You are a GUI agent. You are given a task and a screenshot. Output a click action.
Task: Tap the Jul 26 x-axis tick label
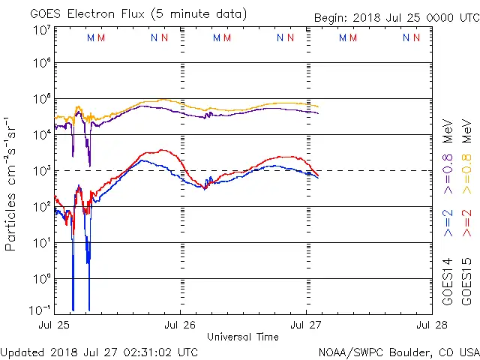(x=180, y=325)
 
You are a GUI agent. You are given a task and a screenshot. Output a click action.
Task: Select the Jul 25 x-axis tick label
(x=55, y=325)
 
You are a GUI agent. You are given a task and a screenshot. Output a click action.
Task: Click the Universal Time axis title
(x=243, y=337)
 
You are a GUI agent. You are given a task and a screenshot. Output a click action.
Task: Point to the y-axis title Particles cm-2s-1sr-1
(x=12, y=184)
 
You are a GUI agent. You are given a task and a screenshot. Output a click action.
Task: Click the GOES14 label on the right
(x=448, y=281)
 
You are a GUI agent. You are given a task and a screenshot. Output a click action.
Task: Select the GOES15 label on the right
(x=467, y=281)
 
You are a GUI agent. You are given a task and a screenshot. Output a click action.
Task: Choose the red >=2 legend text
(x=467, y=223)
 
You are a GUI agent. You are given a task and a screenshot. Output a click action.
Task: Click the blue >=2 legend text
(x=448, y=223)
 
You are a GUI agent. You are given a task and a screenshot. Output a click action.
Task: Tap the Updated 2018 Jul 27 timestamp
(x=100, y=352)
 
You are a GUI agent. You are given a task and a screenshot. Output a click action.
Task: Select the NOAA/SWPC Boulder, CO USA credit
(x=398, y=352)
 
